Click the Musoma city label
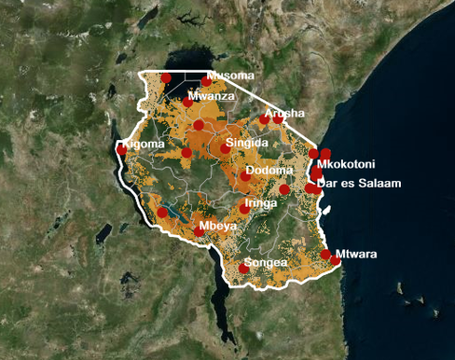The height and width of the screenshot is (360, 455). [230, 76]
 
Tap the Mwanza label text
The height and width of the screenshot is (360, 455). [211, 96]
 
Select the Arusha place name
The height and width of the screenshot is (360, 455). [284, 113]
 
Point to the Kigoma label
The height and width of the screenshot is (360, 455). [145, 145]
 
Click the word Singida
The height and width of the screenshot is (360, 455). [247, 143]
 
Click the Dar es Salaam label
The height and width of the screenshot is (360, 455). [360, 184]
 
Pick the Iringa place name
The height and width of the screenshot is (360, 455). [260, 202]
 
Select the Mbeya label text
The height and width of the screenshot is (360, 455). [215, 227]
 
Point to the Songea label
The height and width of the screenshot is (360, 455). [265, 263]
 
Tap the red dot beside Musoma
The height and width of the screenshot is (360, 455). [207, 81]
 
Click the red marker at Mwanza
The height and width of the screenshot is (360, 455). [188, 102]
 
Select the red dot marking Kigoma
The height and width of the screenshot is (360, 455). [122, 148]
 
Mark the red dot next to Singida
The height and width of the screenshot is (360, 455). [226, 148]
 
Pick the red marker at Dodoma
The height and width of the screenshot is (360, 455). [245, 175]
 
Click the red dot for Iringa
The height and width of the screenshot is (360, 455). [244, 209]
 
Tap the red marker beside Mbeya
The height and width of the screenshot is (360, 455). [199, 232]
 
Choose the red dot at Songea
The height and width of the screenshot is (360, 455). [244, 269]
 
